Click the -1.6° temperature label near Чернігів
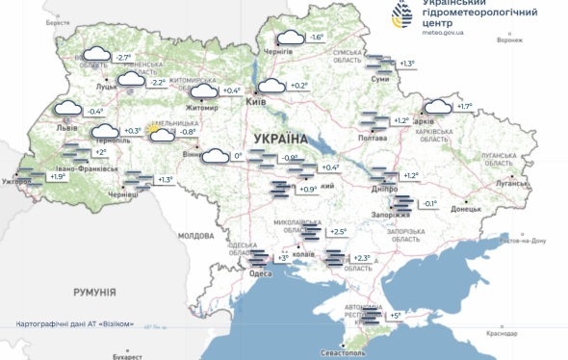coord(317,38)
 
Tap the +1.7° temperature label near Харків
coord(464,107)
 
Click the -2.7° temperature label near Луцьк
coord(123,58)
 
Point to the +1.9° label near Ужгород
coord(58,177)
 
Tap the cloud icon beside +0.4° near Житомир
coord(204,91)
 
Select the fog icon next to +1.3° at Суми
coord(379,63)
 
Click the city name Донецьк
coord(466,208)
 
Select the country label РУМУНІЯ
coord(95,291)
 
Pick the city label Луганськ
coord(508,182)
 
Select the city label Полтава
coord(372,139)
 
